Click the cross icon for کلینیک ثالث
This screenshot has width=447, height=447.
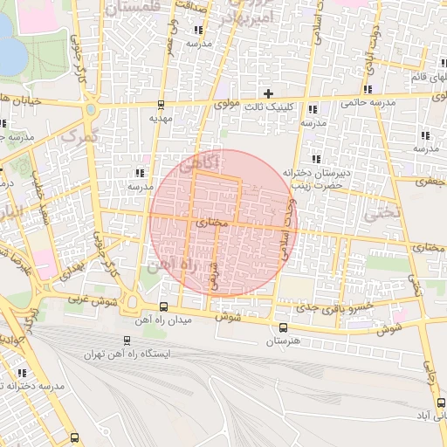[x=268, y=93]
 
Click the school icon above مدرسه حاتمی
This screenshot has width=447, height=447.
[x=370, y=89]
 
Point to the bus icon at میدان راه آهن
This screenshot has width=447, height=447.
[x=164, y=306]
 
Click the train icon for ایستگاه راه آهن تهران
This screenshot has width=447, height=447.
[x=127, y=341]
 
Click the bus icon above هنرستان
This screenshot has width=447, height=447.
[x=282, y=327]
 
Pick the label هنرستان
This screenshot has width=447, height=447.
[x=282, y=341]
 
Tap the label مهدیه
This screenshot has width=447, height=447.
[x=163, y=117]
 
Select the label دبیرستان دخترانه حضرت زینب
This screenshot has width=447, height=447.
[x=309, y=180]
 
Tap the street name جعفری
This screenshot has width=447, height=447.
[x=430, y=182]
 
